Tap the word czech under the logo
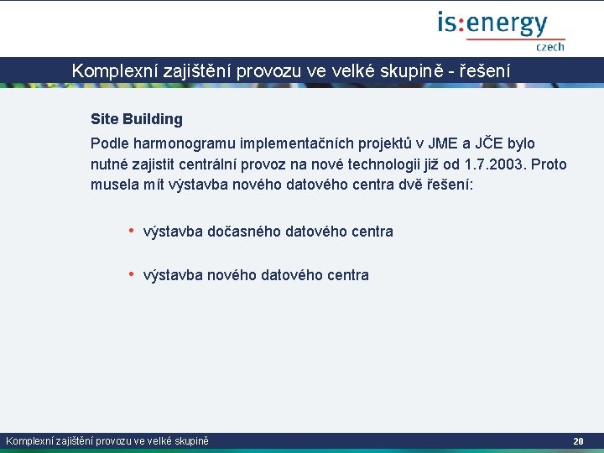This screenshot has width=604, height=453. pyautogui.click(x=550, y=47)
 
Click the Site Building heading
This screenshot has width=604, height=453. pyautogui.click(x=136, y=119)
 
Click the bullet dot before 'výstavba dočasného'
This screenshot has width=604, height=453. pyautogui.click(x=131, y=230)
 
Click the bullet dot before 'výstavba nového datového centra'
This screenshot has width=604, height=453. pyautogui.click(x=131, y=273)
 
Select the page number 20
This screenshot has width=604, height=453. pyautogui.click(x=578, y=441)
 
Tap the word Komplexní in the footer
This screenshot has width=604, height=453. pyautogui.click(x=28, y=441)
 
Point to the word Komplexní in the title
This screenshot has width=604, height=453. pyautogui.click(x=107, y=71)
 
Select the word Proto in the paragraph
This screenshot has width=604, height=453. pyautogui.click(x=549, y=164)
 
